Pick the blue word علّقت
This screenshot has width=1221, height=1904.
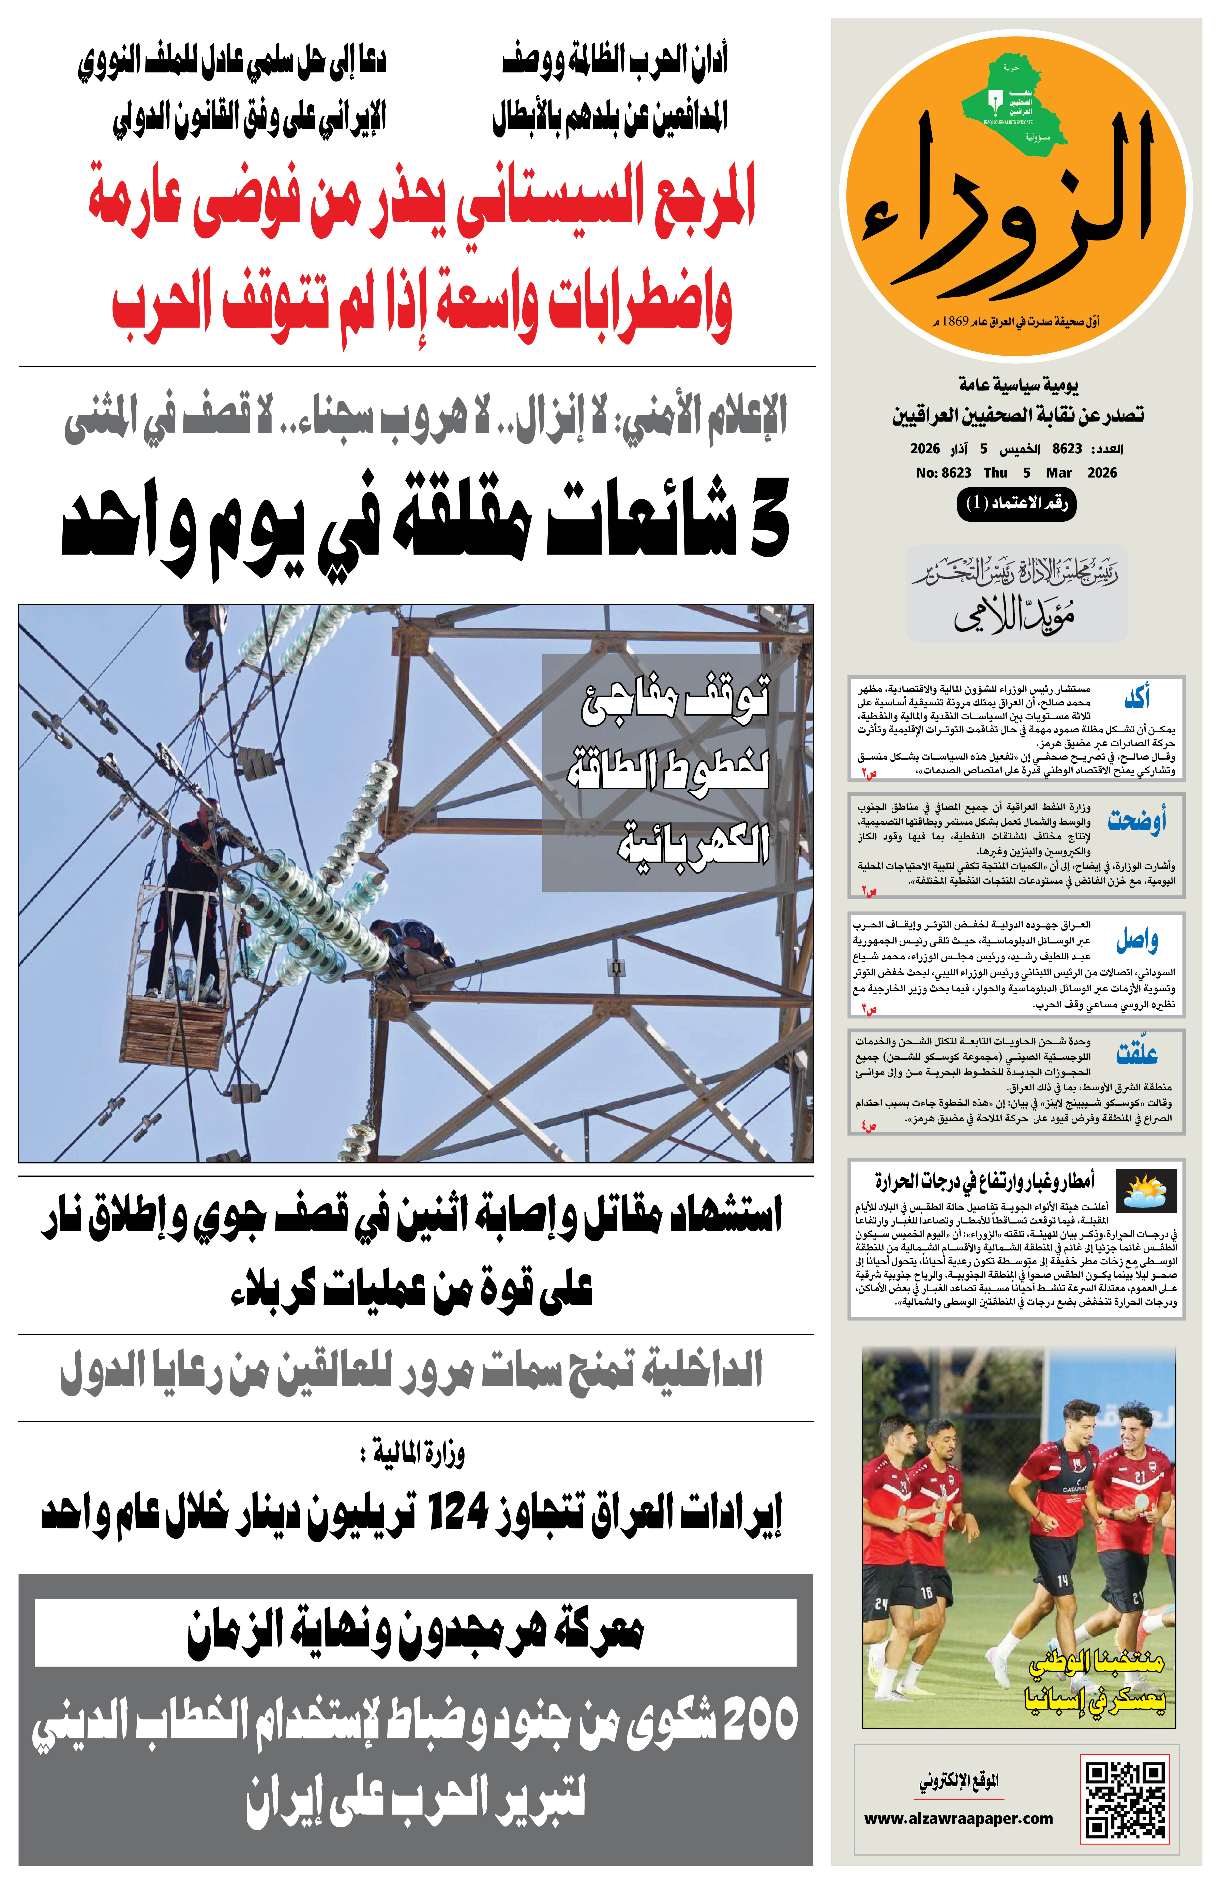(x=1137, y=1054)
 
